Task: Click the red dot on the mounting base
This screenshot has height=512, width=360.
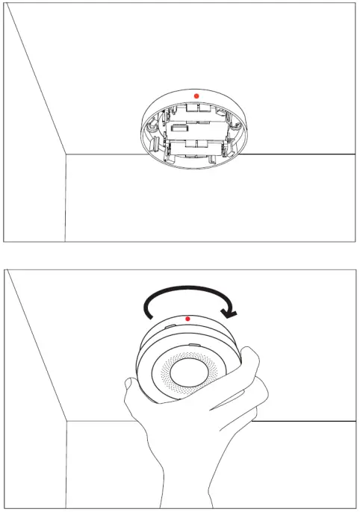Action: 196,96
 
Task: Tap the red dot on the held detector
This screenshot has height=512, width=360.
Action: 187,319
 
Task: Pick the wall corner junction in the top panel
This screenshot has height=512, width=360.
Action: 66,155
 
